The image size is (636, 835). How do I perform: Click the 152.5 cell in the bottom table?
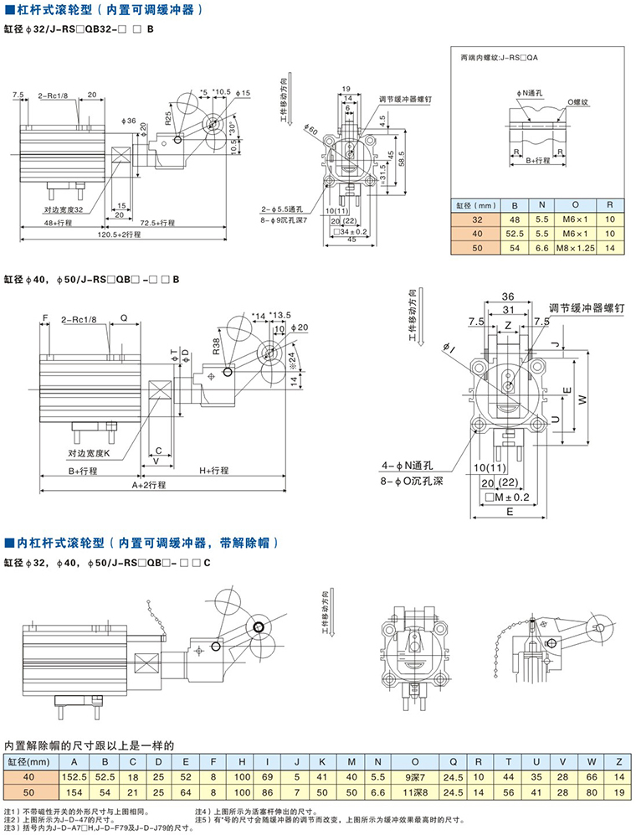[x=74, y=776]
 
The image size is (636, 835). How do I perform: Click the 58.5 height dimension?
[x=403, y=154]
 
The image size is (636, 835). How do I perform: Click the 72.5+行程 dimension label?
[x=156, y=223]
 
